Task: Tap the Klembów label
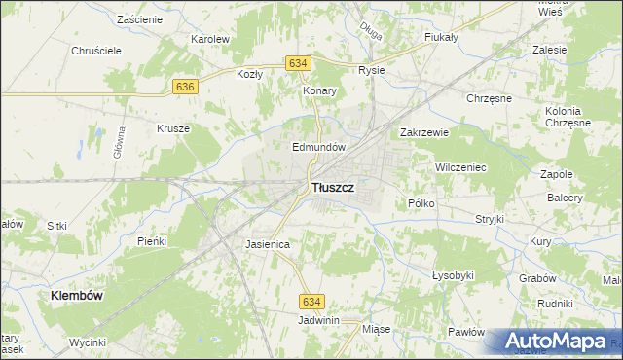[x=78, y=293]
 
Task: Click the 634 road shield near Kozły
[x=299, y=63]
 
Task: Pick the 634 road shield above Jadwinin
[x=311, y=303]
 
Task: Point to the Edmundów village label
[x=320, y=147]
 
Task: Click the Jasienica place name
[x=268, y=244]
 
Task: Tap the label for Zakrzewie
[x=423, y=132]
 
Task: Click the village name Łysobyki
[x=453, y=275]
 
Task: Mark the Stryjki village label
[x=490, y=219]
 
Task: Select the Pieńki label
[x=153, y=240]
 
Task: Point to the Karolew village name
[x=209, y=39]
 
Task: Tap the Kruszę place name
[x=173, y=127]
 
